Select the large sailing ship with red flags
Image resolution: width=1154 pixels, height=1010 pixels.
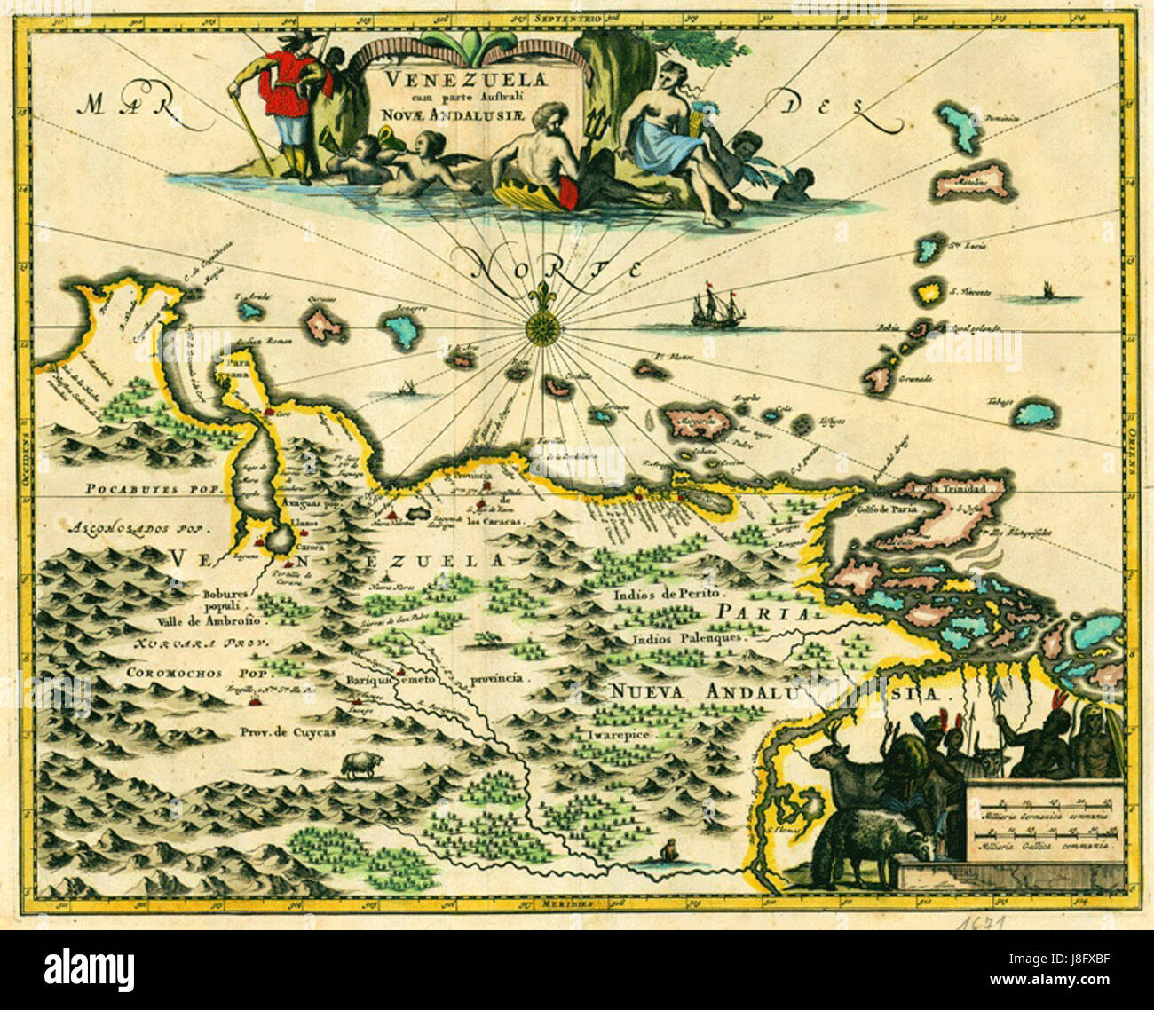[715, 307]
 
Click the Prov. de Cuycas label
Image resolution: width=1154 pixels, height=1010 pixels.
[275, 732]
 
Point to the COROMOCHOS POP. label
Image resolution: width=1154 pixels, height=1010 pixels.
[197, 673]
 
